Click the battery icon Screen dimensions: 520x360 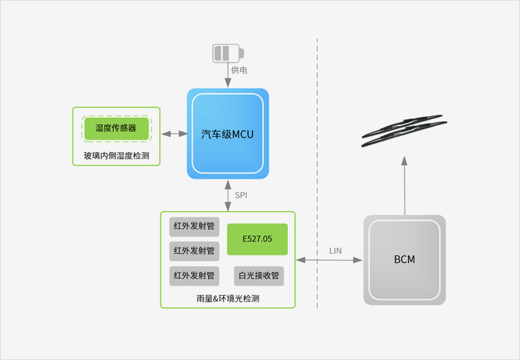click(x=228, y=53)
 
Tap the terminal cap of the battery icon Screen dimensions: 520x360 click(x=242, y=53)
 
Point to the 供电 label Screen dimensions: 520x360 click(x=239, y=70)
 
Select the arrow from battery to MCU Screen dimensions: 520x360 click(x=228, y=75)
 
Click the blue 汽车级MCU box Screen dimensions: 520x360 click(x=228, y=134)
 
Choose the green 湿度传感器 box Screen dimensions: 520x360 click(x=117, y=128)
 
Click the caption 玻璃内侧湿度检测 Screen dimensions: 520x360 click(x=117, y=155)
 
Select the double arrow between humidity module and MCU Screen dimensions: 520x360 click(x=174, y=134)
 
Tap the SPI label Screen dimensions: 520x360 click(x=241, y=195)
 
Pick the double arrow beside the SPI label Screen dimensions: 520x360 click(x=228, y=196)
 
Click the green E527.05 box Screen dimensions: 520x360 click(x=257, y=239)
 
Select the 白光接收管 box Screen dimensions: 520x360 click(x=259, y=276)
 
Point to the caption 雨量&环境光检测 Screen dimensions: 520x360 click(x=228, y=299)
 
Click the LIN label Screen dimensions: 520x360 click(x=335, y=251)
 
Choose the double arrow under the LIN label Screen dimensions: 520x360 click(x=329, y=260)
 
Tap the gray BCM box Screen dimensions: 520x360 click(x=405, y=260)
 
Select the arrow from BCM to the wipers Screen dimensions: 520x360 click(x=404, y=185)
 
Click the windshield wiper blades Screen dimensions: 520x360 click(x=404, y=131)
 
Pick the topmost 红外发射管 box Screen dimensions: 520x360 click(x=194, y=227)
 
